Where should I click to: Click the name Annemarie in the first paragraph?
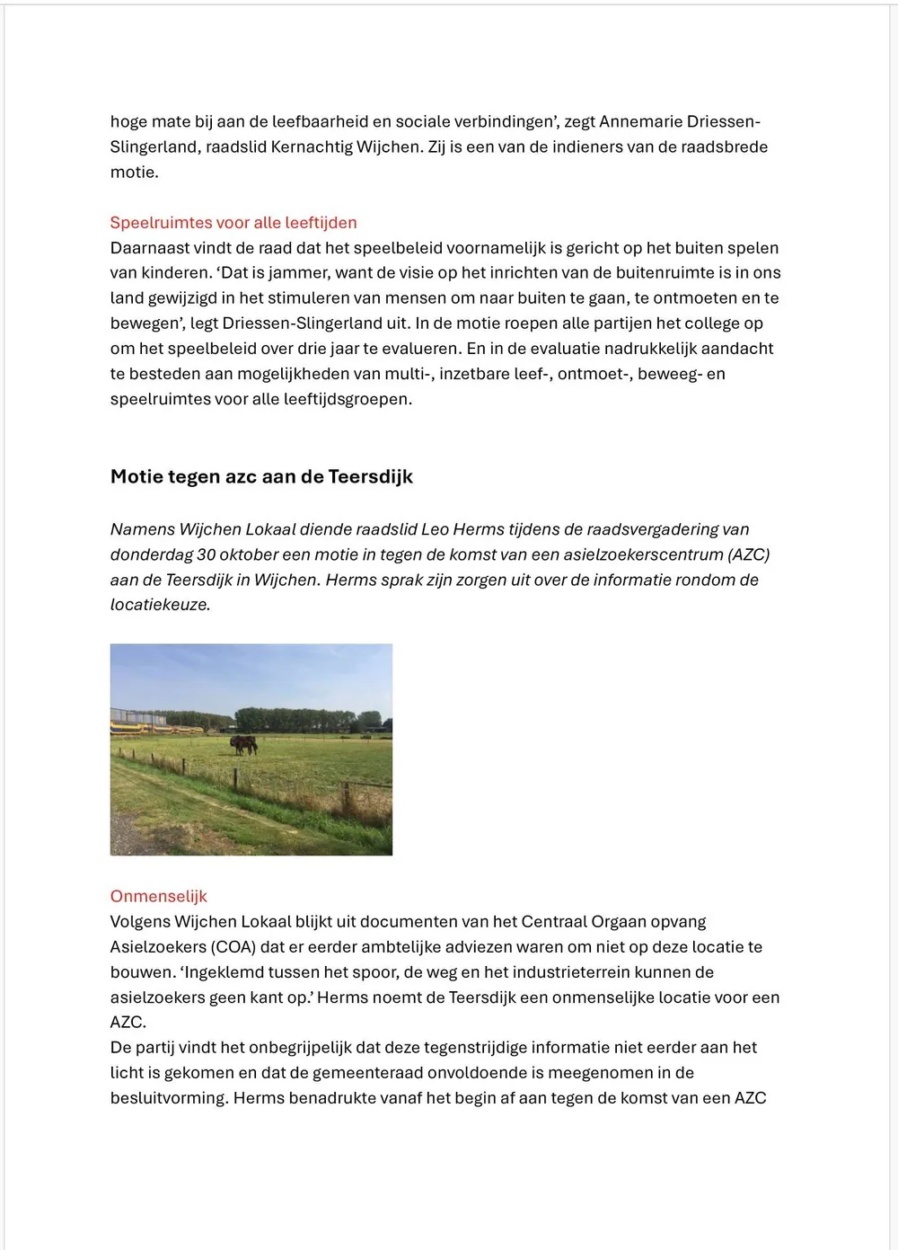[x=640, y=121]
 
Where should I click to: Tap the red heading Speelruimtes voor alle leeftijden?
[x=233, y=222]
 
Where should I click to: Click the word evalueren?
[x=416, y=348]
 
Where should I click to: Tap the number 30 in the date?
[x=207, y=554]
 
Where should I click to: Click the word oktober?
[x=250, y=554]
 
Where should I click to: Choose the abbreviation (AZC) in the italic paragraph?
[x=749, y=554]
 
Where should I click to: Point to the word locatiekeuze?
[x=160, y=605]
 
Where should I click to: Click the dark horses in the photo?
[x=243, y=744]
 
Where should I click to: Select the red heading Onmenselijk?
[x=158, y=896]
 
